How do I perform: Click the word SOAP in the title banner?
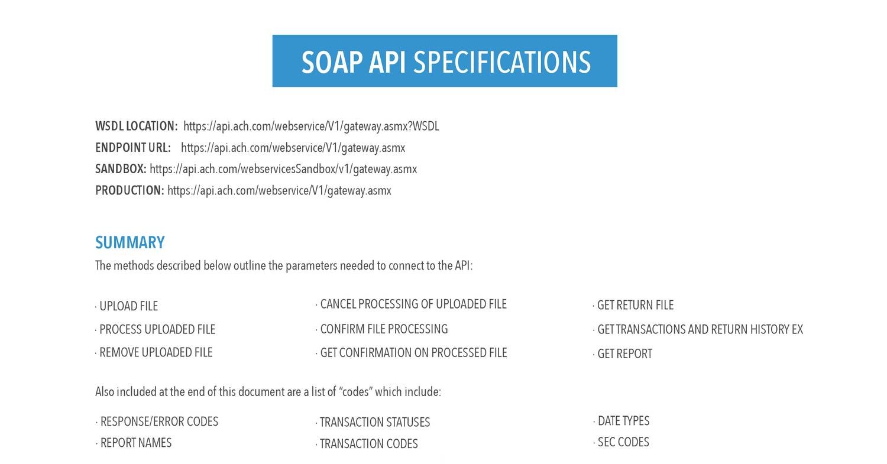click(x=332, y=62)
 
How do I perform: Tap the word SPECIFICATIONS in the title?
click(x=501, y=62)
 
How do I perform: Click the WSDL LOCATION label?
click(x=136, y=126)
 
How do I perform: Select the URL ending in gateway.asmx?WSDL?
click(x=311, y=126)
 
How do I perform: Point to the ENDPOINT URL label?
click(x=133, y=148)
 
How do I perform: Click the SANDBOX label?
click(x=121, y=169)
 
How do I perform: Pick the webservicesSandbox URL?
click(x=283, y=169)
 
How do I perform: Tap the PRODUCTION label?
click(x=130, y=190)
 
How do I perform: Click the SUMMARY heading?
click(x=130, y=242)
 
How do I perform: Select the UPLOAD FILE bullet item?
click(x=128, y=306)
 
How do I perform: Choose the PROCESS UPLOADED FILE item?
click(x=157, y=329)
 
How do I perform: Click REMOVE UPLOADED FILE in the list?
click(x=156, y=352)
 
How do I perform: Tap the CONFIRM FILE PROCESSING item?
click(x=384, y=329)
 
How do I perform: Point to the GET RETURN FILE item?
click(x=635, y=306)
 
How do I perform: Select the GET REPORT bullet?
click(x=624, y=354)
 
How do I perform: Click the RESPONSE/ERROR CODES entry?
click(x=159, y=421)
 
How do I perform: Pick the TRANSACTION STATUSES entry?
click(x=375, y=423)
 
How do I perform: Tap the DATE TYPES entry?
click(x=623, y=421)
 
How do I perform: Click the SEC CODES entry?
click(x=623, y=442)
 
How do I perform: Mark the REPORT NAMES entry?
click(x=136, y=443)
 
